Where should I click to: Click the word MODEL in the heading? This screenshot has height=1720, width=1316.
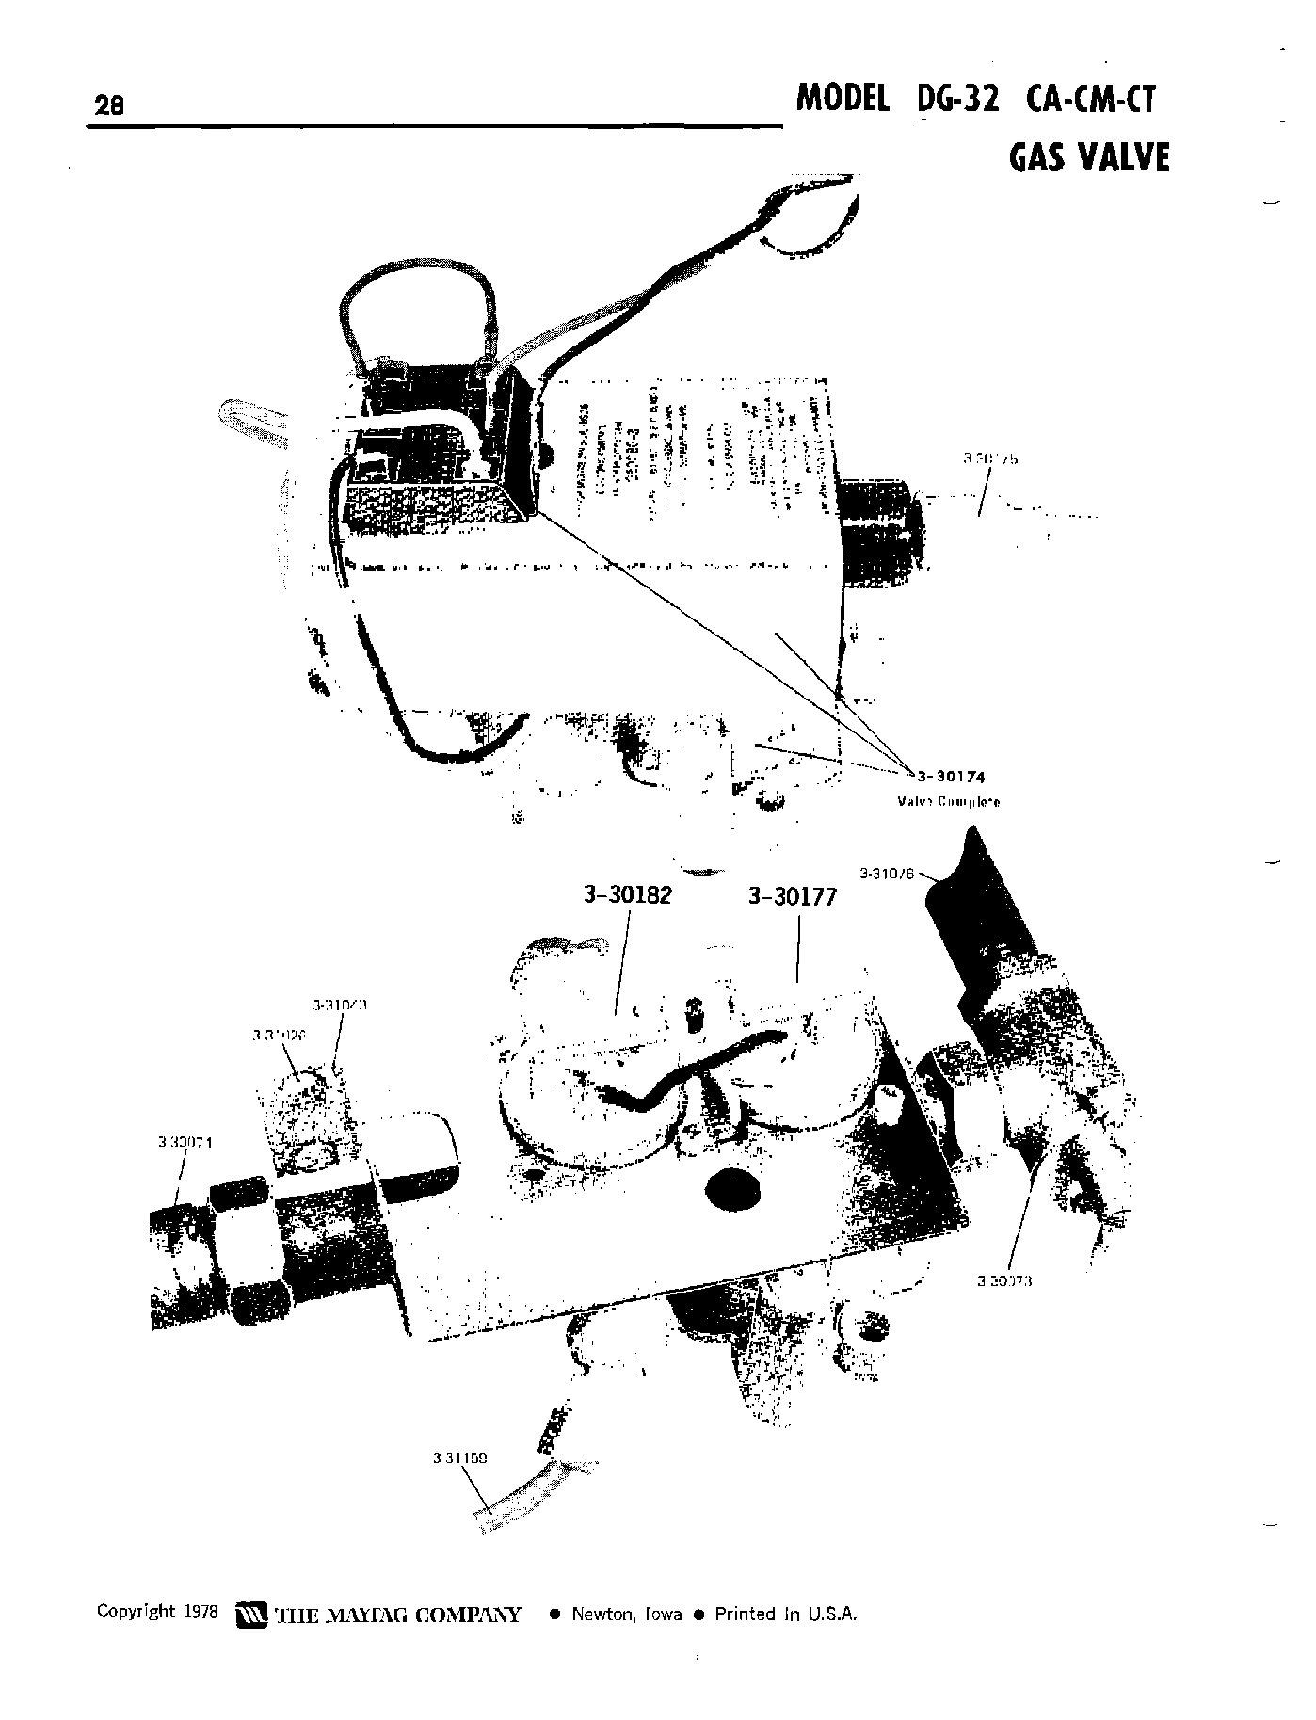843,99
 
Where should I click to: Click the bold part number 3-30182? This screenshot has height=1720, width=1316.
628,895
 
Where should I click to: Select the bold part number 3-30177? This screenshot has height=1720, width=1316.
792,897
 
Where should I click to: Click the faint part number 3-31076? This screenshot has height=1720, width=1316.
887,873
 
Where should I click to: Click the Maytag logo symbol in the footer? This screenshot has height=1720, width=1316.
250,1615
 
